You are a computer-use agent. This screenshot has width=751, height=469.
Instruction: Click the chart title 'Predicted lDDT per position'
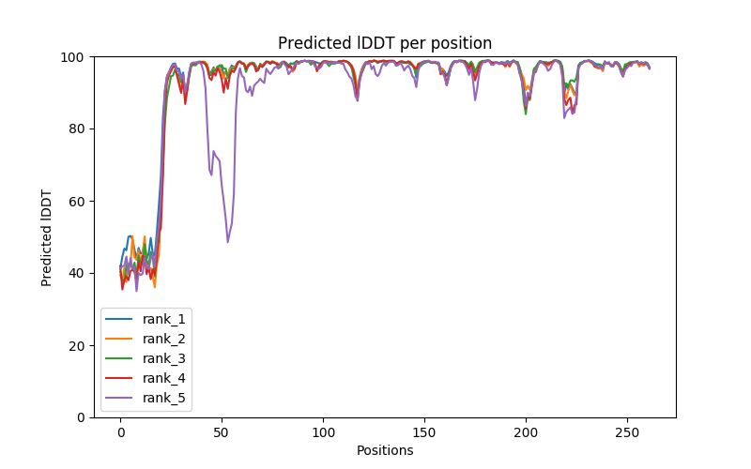pos(385,43)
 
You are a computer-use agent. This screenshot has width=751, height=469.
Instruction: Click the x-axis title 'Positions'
pos(385,450)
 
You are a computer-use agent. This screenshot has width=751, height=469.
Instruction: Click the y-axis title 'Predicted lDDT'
pos(47,237)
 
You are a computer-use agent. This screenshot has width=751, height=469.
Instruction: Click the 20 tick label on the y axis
pos(76,345)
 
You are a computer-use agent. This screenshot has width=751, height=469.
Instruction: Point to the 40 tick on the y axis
pos(76,273)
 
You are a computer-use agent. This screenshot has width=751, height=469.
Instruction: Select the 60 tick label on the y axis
pos(76,201)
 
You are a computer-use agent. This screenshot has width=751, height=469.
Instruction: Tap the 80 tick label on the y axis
pos(76,129)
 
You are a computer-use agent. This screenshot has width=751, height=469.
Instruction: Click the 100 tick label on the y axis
pos(73,57)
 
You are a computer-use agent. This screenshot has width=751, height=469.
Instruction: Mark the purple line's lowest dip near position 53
pos(227,242)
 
